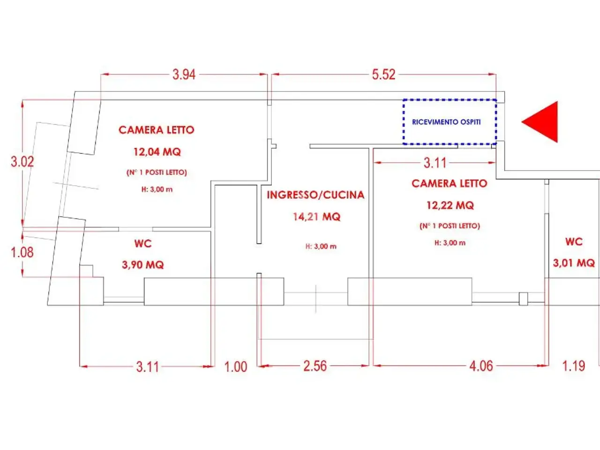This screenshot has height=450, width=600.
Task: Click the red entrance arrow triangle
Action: pyautogui.click(x=543, y=122)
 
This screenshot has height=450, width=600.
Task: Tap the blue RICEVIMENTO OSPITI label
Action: pyautogui.click(x=446, y=122)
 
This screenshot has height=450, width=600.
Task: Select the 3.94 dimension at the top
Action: pyautogui.click(x=184, y=75)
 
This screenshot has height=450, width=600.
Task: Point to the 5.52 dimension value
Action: pyautogui.click(x=383, y=75)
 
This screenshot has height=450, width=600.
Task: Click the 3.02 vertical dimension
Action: pyautogui.click(x=22, y=161)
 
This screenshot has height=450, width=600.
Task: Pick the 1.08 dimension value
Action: pyautogui.click(x=22, y=252)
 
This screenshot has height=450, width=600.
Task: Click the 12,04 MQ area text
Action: pyautogui.click(x=157, y=151)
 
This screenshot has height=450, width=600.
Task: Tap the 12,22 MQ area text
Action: pyautogui.click(x=450, y=205)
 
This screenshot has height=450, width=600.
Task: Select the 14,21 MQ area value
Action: pyautogui.click(x=317, y=217)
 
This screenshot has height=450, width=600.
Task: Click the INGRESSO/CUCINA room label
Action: pyautogui.click(x=316, y=195)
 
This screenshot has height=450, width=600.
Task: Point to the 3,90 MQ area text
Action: pyautogui.click(x=143, y=265)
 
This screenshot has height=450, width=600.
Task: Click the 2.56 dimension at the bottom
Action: pyautogui.click(x=315, y=366)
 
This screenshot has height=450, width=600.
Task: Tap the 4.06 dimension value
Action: pyautogui.click(x=481, y=366)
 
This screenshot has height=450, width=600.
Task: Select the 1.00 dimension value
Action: pyautogui.click(x=236, y=367)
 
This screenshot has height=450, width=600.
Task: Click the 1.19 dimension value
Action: pyautogui.click(x=573, y=366)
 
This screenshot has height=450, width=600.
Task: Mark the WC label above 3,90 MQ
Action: pyautogui.click(x=143, y=243)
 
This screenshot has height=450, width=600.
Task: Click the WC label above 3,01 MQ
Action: pyautogui.click(x=574, y=241)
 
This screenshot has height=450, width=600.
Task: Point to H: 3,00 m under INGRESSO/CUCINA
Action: pyautogui.click(x=321, y=247)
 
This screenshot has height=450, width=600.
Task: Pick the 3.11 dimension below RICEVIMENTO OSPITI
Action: pyautogui.click(x=435, y=163)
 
